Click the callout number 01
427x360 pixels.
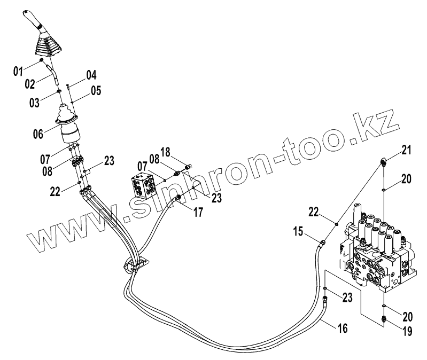[18, 70]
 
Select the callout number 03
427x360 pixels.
[34, 101]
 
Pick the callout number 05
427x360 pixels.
[95, 90]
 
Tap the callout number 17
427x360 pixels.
[198, 212]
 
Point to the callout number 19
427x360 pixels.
[407, 331]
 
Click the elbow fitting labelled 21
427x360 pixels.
[383, 160]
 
